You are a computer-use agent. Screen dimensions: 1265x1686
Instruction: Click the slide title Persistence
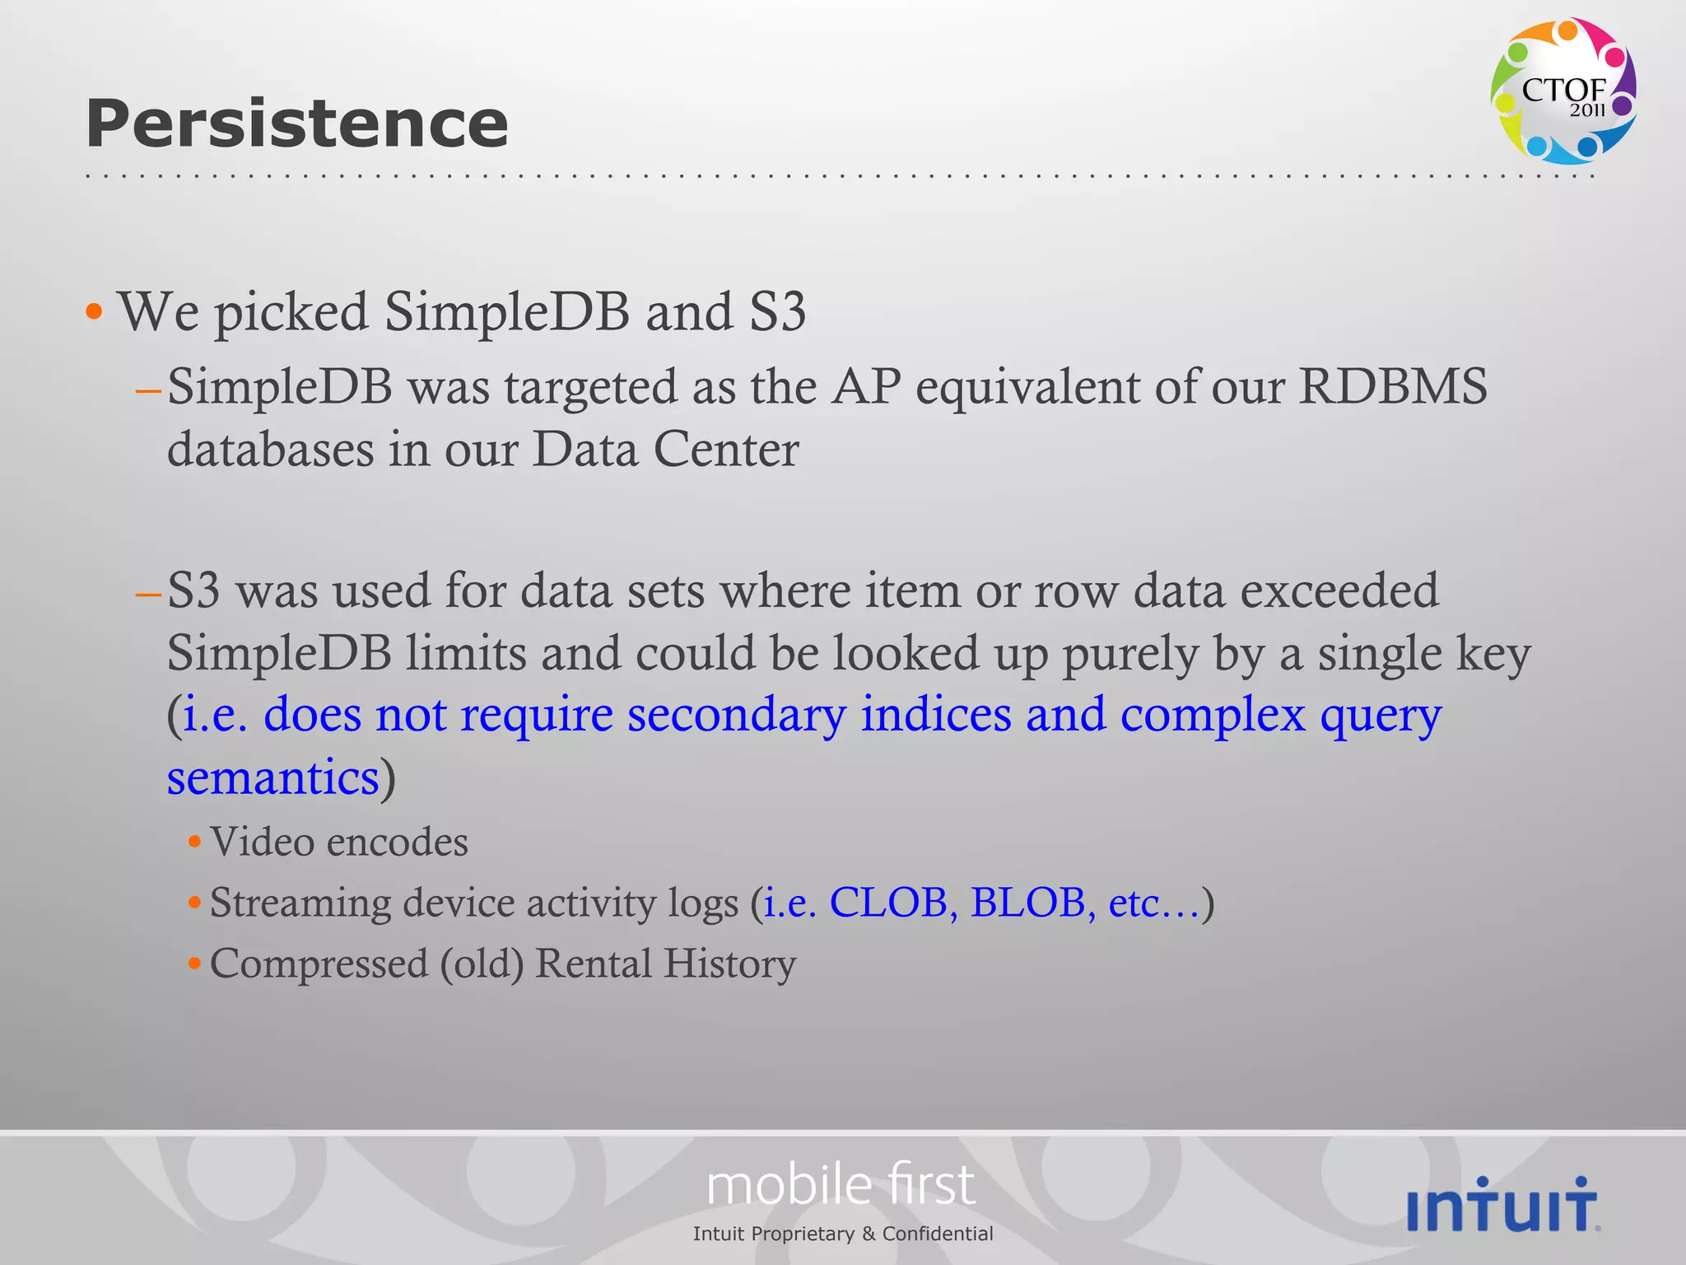click(x=296, y=124)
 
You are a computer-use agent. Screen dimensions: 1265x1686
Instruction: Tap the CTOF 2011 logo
click(x=1563, y=91)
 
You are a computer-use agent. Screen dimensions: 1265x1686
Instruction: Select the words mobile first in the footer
click(x=841, y=1185)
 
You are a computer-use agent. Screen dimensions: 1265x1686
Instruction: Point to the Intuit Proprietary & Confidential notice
click(x=843, y=1234)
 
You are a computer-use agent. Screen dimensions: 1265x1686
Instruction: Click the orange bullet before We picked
click(x=95, y=311)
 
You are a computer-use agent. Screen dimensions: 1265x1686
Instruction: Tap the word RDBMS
click(x=1393, y=385)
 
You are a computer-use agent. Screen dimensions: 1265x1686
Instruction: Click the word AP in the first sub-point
click(x=866, y=385)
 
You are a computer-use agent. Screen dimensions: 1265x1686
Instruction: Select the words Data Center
click(x=665, y=449)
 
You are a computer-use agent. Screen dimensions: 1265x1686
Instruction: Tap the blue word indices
click(x=936, y=713)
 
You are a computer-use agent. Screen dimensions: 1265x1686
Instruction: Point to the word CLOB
click(x=888, y=902)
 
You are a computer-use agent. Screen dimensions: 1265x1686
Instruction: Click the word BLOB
click(x=1029, y=902)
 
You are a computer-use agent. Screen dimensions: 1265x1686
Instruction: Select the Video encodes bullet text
click(x=338, y=842)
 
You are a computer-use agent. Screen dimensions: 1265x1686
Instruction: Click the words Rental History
click(x=665, y=963)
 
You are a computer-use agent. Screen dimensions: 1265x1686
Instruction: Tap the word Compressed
click(x=319, y=963)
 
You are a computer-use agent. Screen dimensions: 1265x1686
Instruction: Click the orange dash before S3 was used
click(x=148, y=592)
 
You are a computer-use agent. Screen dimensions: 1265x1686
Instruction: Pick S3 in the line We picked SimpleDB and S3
click(x=777, y=311)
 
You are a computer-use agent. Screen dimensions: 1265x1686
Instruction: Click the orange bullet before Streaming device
click(x=195, y=903)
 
